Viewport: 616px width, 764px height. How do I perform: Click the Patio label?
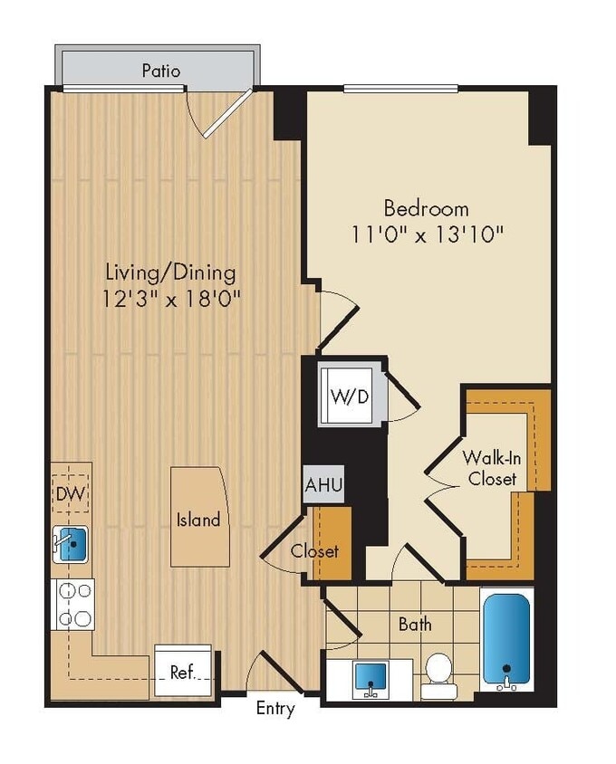[160, 70]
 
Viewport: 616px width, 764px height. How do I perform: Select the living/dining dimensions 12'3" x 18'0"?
[172, 297]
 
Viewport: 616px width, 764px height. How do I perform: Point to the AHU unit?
[323, 485]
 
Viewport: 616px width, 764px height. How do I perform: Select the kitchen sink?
[72, 544]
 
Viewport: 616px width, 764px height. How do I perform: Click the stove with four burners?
[72, 604]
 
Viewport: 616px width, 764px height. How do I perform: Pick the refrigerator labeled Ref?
[183, 672]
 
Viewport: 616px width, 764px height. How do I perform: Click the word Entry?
[274, 709]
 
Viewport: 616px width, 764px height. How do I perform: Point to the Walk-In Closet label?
[492, 467]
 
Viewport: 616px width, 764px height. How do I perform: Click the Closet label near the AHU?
[314, 550]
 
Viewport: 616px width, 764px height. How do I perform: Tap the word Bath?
[415, 624]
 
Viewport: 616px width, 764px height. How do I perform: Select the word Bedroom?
[426, 207]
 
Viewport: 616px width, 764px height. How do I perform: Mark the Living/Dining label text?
[170, 272]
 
